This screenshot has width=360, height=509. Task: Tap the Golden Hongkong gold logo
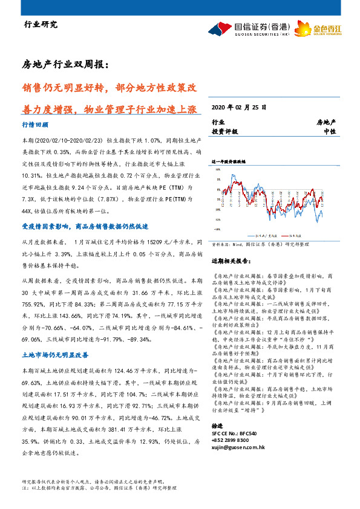click(x=328, y=28)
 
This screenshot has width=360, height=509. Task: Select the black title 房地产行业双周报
click(x=65, y=64)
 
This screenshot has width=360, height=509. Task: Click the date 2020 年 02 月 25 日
click(x=238, y=108)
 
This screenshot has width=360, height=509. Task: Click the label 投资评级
click(x=224, y=131)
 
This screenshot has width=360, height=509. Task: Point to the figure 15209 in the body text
click(x=156, y=241)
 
